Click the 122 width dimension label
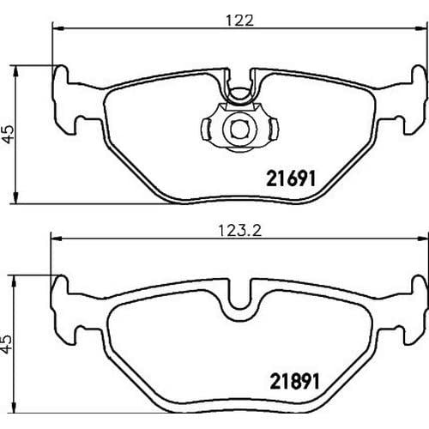[x=239, y=21]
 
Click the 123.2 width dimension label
[x=240, y=231]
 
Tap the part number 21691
[x=291, y=178]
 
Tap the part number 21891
[x=294, y=382]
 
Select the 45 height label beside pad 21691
[x=9, y=135]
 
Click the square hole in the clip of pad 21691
[x=239, y=130]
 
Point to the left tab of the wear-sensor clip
[x=206, y=130]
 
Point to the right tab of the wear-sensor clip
[x=274, y=130]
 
